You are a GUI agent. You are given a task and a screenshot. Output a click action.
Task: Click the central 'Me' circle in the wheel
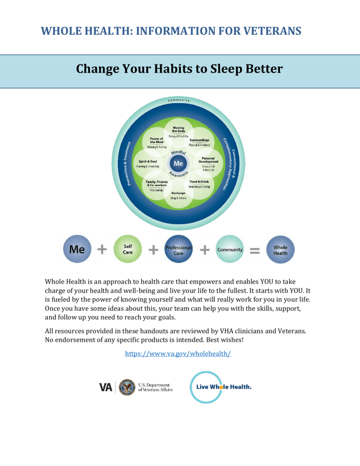coord(178,163)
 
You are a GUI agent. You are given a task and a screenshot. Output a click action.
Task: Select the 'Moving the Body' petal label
coord(178,129)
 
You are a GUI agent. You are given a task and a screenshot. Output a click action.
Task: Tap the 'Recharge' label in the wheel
coord(178,192)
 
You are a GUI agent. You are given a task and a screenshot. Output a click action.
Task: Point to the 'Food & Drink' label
coord(199,181)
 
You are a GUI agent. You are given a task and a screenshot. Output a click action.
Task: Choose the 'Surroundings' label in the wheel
coord(199,140)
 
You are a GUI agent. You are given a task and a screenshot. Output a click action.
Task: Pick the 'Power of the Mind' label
coord(156,141)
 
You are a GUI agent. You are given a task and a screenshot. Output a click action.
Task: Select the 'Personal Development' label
coord(208,160)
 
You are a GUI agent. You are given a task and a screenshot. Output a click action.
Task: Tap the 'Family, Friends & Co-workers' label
coord(156,183)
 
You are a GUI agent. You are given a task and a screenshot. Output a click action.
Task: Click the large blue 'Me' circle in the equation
coord(77,249)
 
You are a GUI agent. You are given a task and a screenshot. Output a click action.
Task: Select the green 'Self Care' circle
coord(127,249)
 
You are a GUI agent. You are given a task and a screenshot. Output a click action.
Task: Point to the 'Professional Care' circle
coord(179,249)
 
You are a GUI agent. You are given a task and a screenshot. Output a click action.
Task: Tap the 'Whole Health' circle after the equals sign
coord(280,249)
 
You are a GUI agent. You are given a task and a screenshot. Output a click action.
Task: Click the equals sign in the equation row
coord(255,250)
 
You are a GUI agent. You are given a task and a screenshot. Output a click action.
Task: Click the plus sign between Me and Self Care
coord(102,249)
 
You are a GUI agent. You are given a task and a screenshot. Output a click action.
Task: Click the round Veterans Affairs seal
coord(127,387)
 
